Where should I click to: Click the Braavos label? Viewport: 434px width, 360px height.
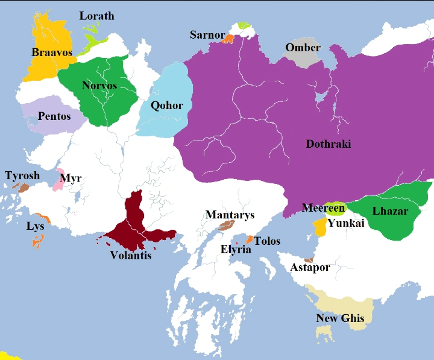pyautogui.click(x=52, y=52)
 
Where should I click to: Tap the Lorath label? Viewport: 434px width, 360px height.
pyautogui.click(x=96, y=16)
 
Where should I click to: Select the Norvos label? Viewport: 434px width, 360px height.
pyautogui.click(x=100, y=86)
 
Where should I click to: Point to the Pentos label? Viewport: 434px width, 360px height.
pyautogui.click(x=54, y=116)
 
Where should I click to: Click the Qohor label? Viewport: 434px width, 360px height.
pyautogui.click(x=167, y=106)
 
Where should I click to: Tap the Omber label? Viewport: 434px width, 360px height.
pyautogui.click(x=303, y=48)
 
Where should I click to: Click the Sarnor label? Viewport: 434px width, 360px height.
pyautogui.click(x=207, y=34)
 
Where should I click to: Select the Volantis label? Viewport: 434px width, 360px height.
pyautogui.click(x=131, y=255)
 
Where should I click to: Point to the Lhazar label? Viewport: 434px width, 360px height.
pyautogui.click(x=390, y=211)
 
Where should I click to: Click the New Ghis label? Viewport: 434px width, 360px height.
pyautogui.click(x=341, y=318)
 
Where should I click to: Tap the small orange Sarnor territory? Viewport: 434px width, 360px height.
pyautogui.click(x=228, y=39)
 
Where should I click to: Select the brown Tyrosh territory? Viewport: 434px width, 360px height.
pyautogui.click(x=24, y=188)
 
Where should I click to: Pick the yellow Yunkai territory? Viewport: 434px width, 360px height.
pyautogui.click(x=319, y=227)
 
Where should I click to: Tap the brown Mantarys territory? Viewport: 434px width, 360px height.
pyautogui.click(x=226, y=226)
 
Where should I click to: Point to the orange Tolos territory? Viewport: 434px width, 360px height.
pyautogui.click(x=249, y=239)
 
